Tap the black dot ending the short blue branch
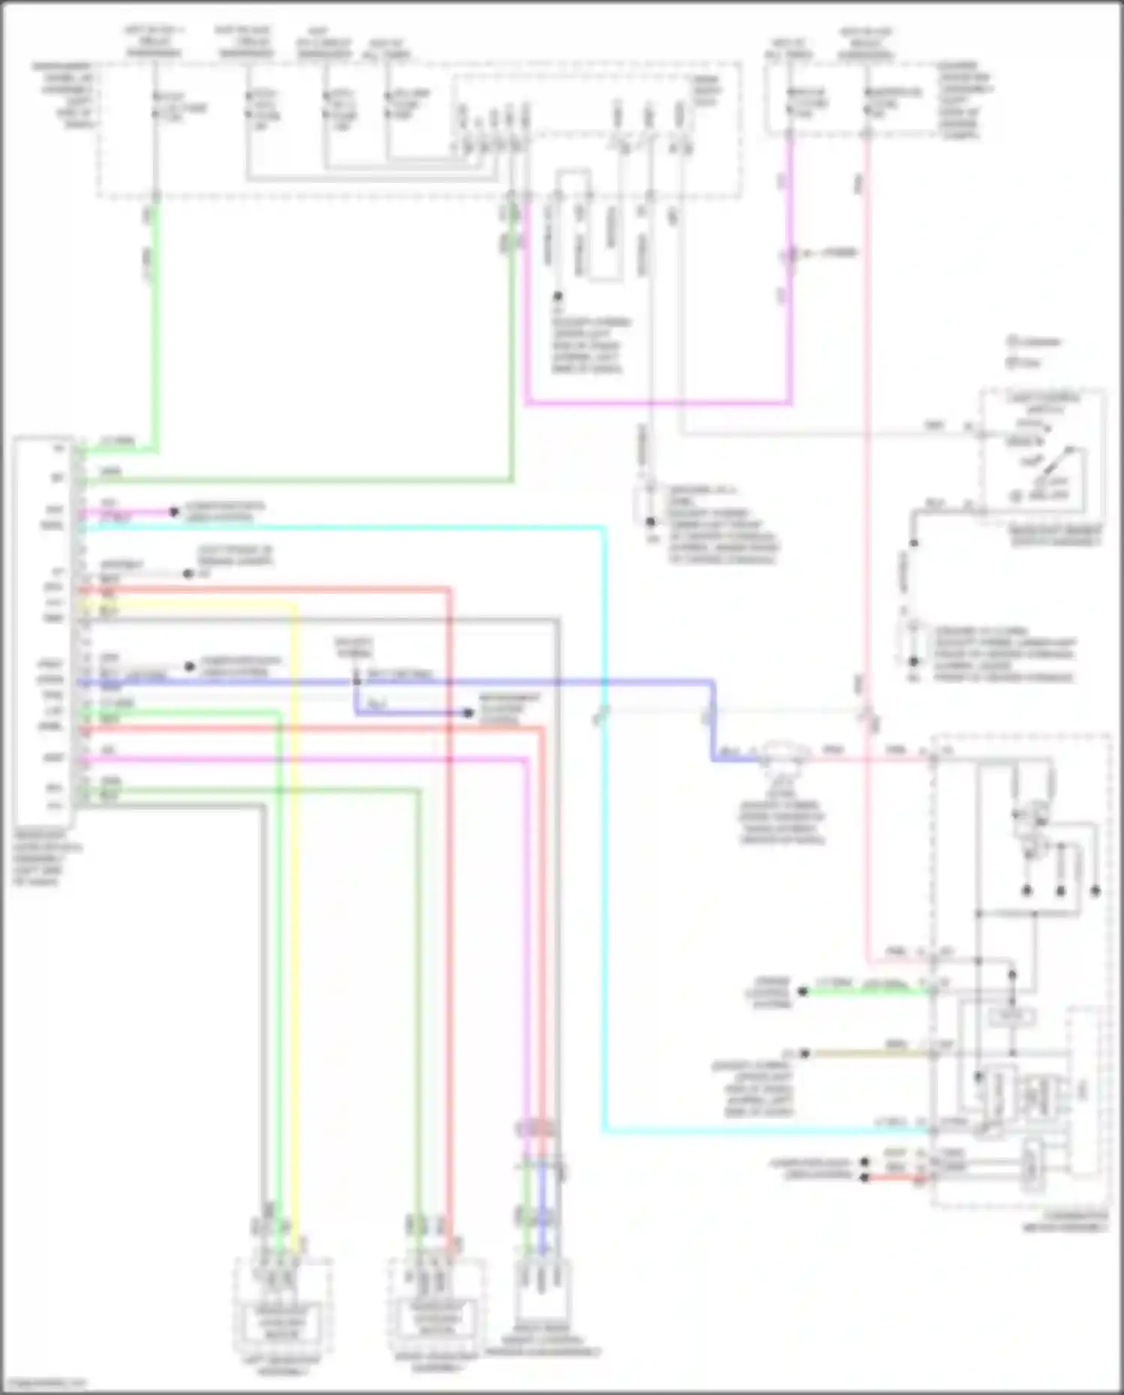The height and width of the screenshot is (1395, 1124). click(468, 713)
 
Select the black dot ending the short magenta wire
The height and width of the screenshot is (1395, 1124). click(174, 512)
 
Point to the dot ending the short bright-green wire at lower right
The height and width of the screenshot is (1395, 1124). click(803, 991)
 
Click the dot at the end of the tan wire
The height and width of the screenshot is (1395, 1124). click(805, 1053)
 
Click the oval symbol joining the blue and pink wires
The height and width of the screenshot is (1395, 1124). click(783, 753)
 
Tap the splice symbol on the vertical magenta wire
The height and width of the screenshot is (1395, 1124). click(789, 255)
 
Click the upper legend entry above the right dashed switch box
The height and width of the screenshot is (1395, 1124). click(1034, 342)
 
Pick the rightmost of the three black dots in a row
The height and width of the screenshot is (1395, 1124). click(1096, 891)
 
